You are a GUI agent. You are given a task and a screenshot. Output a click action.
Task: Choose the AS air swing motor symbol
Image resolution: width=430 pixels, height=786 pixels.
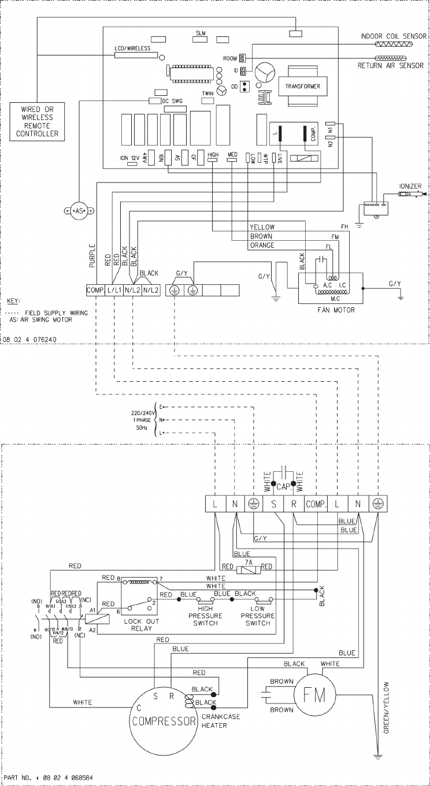pyautogui.click(x=79, y=210)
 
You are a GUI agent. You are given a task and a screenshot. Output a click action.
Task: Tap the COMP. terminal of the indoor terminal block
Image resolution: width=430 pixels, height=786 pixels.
pyautogui.click(x=95, y=290)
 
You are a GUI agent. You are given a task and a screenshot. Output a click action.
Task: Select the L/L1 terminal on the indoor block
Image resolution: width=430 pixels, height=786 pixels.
pyautogui.click(x=114, y=290)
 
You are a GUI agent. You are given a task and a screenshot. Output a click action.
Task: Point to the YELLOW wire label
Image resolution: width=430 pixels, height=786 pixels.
pyautogui.click(x=263, y=227)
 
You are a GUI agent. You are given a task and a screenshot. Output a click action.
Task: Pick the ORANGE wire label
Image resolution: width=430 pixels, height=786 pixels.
pyautogui.click(x=263, y=245)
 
